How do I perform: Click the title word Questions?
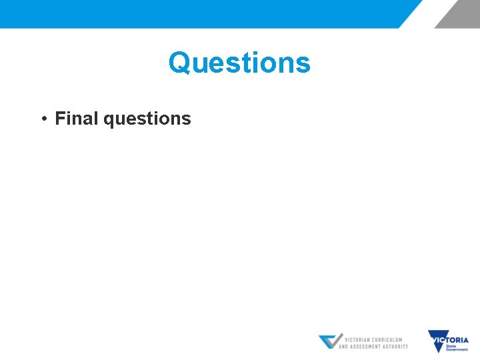tap(239, 63)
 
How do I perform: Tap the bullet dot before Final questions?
tap(43, 119)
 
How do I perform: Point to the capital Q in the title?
tap(178, 63)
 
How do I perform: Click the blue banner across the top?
tap(200, 13)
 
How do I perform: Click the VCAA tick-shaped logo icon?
tap(330, 342)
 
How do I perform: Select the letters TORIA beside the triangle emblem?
tap(459, 340)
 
